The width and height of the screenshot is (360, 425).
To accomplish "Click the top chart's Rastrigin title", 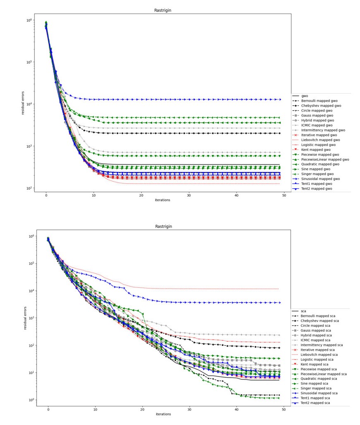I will pos(163,10).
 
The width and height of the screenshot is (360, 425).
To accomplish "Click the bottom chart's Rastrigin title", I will pos(164,226).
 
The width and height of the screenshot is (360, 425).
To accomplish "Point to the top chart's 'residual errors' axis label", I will pos(23,103).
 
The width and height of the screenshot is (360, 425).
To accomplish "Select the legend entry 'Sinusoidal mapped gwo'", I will pos(325,179).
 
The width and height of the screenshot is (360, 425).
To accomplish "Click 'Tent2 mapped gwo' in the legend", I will pos(320,189).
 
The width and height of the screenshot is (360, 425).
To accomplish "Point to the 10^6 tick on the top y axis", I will pos(28,20).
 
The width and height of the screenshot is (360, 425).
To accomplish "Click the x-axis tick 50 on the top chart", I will pos(284,195).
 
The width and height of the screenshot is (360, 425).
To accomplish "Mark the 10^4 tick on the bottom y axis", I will pos(30,291).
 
